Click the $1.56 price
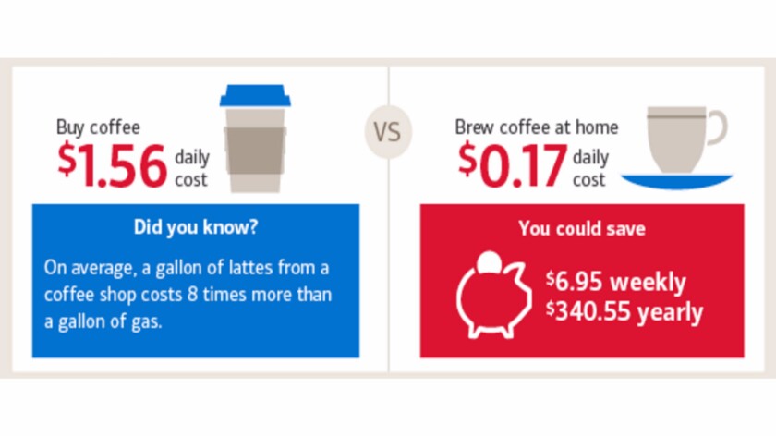coord(113,164)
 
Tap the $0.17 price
coord(513,164)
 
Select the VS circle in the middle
coord(388,132)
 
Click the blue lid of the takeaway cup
coord(255,95)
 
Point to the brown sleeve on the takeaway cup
coord(255,151)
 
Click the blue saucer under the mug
coord(676,182)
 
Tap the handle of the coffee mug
coord(717,127)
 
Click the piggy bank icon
coord(493,295)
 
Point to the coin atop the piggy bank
coord(489,261)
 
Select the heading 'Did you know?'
coord(196,227)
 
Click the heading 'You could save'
coord(582,229)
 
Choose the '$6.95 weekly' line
coord(616,282)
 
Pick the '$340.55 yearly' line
coord(624,312)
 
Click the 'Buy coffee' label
coord(98,127)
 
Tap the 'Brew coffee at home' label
coord(537,127)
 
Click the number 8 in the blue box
coord(192,295)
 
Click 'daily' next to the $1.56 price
coord(192,158)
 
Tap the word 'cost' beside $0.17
coord(589,179)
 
